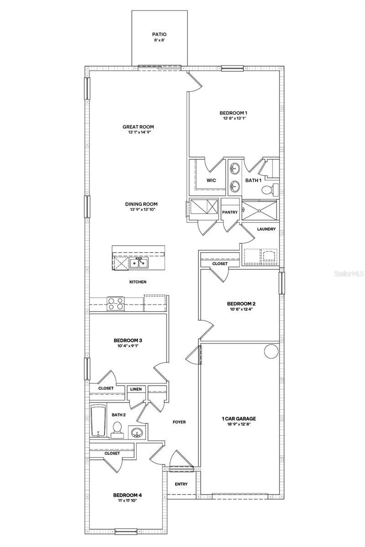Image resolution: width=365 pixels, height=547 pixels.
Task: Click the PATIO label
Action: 159,34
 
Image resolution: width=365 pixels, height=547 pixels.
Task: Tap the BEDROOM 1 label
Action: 233,113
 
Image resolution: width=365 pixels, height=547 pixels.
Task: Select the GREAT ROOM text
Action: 138,127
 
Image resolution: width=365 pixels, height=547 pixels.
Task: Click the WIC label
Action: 211,181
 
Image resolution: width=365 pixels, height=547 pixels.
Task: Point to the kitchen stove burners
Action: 115,303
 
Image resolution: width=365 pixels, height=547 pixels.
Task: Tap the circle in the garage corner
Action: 271,351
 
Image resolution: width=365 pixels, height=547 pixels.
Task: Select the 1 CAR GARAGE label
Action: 239,418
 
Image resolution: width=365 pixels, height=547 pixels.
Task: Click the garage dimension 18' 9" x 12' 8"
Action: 239,424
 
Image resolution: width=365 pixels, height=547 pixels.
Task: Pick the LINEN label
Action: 136,389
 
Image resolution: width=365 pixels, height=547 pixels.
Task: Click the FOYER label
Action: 179,422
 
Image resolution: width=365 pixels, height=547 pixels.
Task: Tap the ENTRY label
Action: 182,484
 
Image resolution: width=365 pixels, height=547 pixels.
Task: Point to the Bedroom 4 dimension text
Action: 125,501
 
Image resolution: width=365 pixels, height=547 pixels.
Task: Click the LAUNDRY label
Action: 266,229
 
